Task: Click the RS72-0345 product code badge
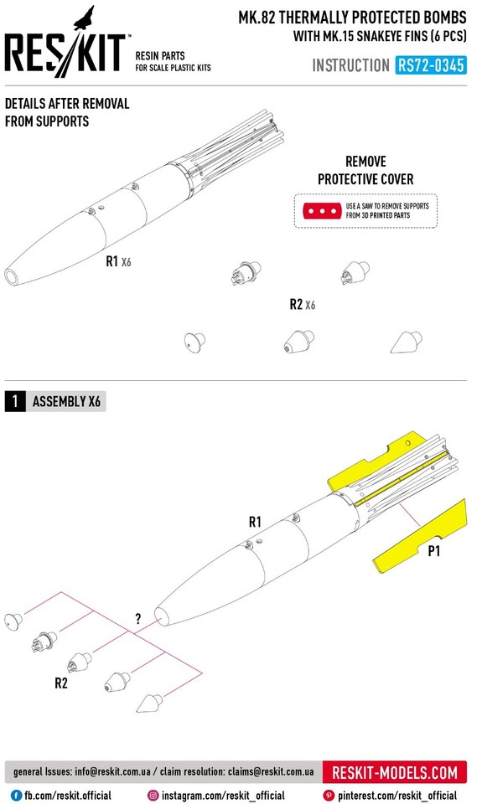[432, 64]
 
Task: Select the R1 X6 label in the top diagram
[118, 261]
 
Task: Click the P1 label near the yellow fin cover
[434, 551]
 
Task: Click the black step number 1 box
[14, 401]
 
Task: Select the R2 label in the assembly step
[61, 683]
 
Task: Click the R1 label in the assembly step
[255, 522]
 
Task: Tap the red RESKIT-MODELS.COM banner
[395, 771]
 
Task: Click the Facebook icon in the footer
[16, 795]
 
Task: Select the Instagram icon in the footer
[153, 795]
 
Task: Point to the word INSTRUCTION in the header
[350, 65]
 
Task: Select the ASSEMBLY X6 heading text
[69, 401]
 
